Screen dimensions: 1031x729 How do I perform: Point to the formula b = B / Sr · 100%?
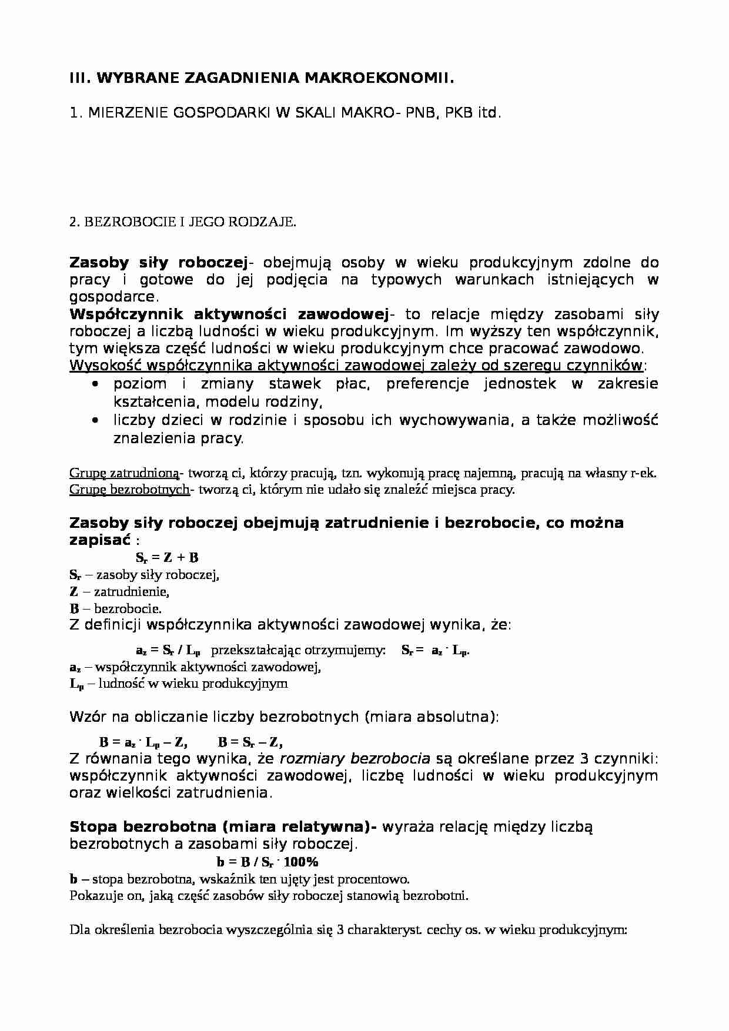[267, 862]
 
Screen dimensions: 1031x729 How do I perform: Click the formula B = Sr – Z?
[251, 742]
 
